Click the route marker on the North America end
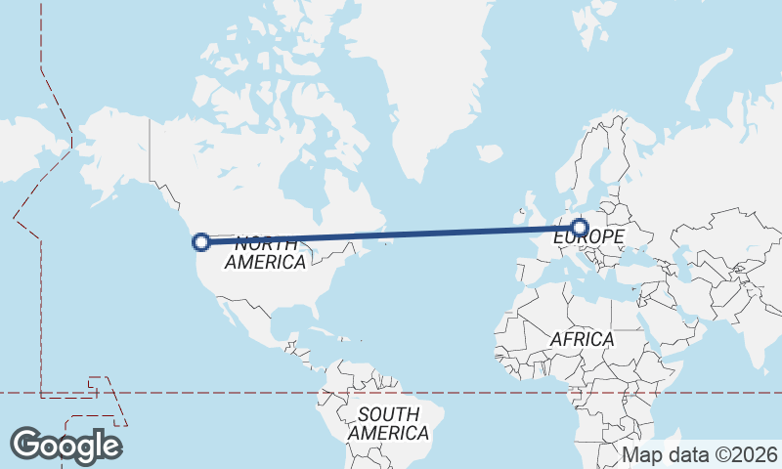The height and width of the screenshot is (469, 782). (201, 241)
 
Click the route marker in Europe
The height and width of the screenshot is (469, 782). (580, 228)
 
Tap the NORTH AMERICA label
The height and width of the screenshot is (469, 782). (265, 252)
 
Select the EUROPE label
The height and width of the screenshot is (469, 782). (588, 237)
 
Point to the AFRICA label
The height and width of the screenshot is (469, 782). (582, 339)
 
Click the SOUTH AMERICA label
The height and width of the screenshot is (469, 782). (388, 423)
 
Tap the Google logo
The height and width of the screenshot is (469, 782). (65, 446)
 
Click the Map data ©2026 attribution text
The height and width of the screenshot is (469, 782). (700, 454)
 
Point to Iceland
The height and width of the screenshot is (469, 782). (489, 153)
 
